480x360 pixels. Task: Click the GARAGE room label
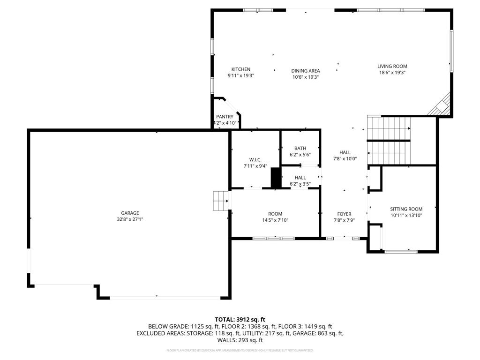(130, 213)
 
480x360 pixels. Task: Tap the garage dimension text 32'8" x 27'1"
(130, 219)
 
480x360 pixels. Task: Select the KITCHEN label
(240, 69)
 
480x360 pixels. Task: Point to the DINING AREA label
(305, 71)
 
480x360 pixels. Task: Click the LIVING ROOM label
(392, 67)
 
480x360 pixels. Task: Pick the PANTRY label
(225, 117)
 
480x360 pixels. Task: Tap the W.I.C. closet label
(255, 160)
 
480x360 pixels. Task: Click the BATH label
(300, 149)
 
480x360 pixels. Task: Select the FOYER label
(345, 214)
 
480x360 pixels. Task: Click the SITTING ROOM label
(406, 209)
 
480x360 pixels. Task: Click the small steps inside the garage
(220, 201)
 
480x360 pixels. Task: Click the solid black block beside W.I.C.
(276, 178)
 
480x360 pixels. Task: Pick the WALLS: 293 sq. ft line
(240, 340)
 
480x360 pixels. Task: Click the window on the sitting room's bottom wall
(401, 252)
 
